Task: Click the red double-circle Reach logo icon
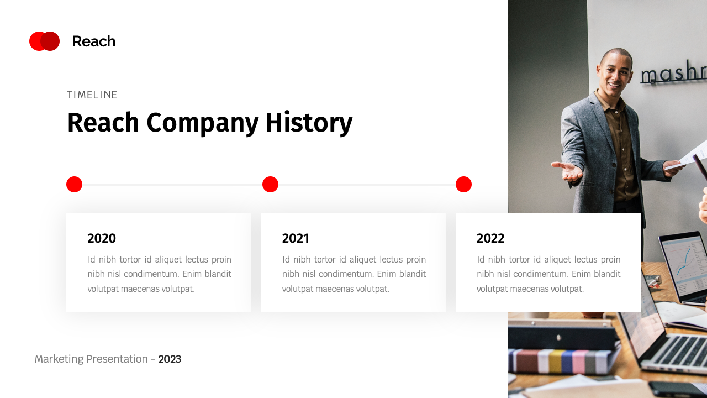[44, 41]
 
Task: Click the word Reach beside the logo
[93, 41]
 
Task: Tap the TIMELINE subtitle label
[92, 95]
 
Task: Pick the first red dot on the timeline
[74, 185]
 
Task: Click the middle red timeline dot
[270, 185]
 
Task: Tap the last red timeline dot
[463, 185]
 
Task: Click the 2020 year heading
[102, 238]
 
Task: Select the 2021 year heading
[296, 238]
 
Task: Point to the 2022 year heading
[490, 238]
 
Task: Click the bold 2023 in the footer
[170, 359]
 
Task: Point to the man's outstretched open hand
[568, 171]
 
